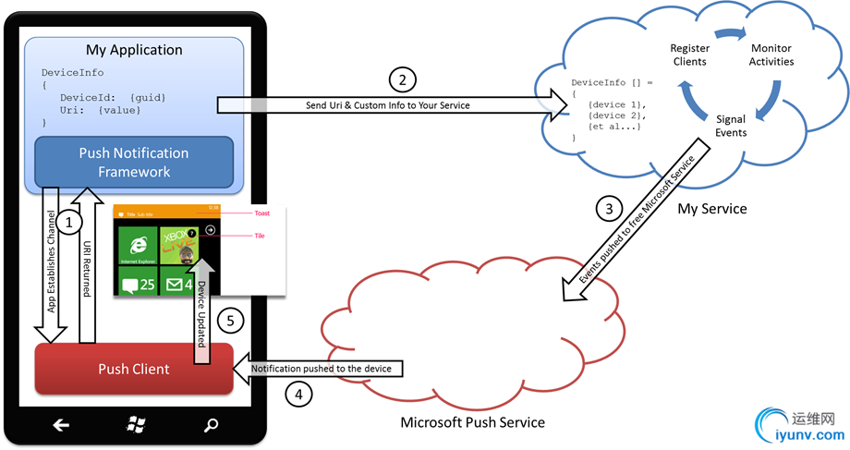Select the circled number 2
coord(401,79)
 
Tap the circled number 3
coord(607,209)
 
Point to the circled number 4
coord(298,395)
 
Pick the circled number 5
coord(232,322)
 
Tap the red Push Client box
coord(134,369)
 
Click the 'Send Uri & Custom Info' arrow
coord(388,105)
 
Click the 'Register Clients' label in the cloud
coord(689,55)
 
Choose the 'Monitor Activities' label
coord(771,55)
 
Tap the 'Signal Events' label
coord(732,126)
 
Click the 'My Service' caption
coord(711,209)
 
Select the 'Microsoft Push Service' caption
coord(472,422)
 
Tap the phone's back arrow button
coord(61,425)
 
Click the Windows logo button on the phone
coord(136,425)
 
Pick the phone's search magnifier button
coord(212,425)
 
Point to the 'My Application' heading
coord(134,50)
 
